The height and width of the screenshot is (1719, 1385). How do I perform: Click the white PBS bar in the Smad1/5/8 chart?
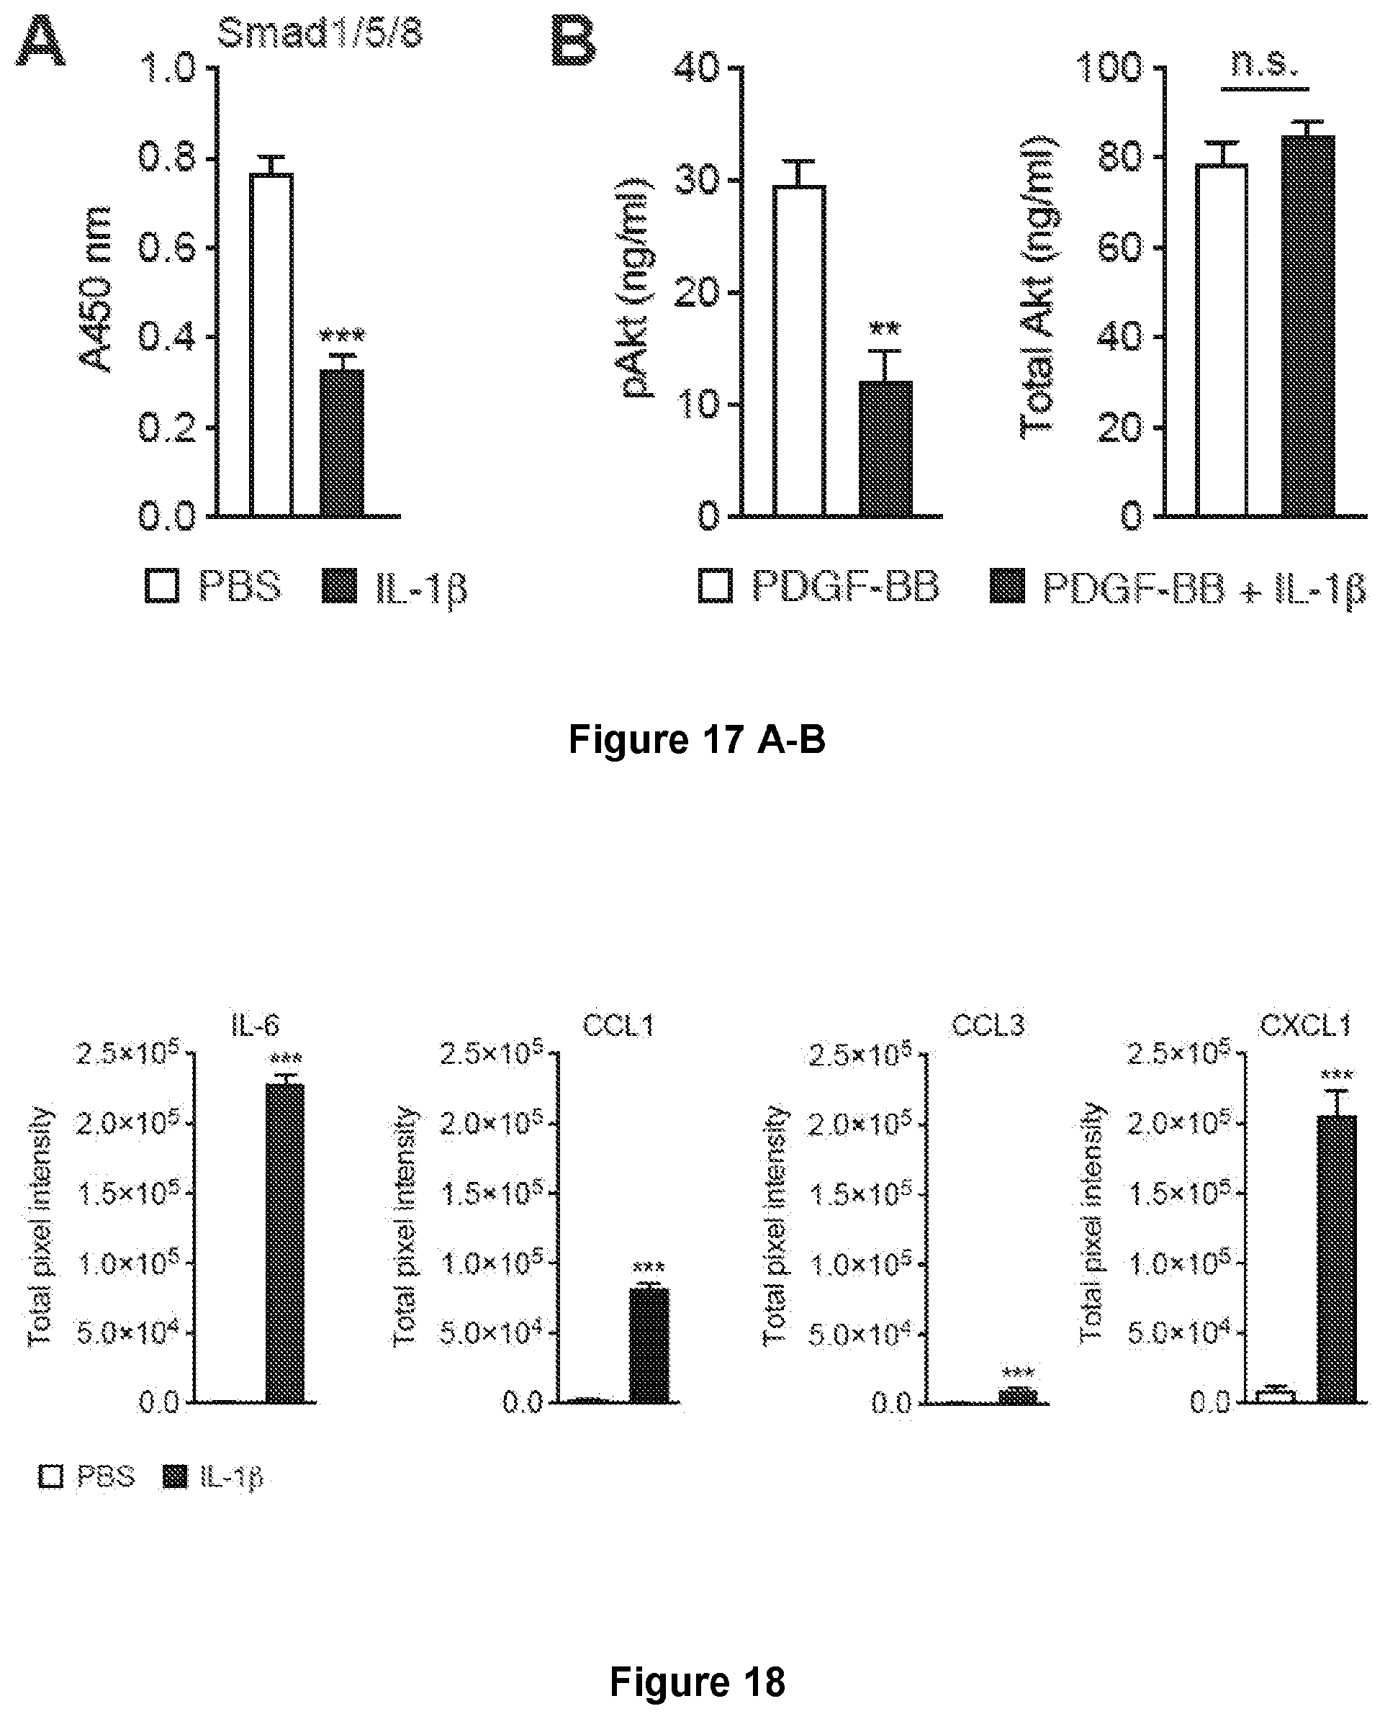[271, 345]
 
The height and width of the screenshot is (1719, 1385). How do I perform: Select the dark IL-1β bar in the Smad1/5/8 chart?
[341, 443]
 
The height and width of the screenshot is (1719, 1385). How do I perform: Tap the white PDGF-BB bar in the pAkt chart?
[800, 351]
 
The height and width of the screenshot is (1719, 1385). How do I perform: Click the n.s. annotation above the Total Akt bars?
[1266, 64]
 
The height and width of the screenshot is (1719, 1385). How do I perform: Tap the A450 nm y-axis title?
[95, 289]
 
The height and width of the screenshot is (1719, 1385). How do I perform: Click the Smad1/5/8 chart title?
[319, 35]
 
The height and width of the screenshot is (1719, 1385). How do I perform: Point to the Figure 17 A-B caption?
[697, 739]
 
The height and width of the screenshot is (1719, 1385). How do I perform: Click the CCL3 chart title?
[988, 1025]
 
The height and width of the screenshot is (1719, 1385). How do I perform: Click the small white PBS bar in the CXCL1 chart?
[1276, 1396]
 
